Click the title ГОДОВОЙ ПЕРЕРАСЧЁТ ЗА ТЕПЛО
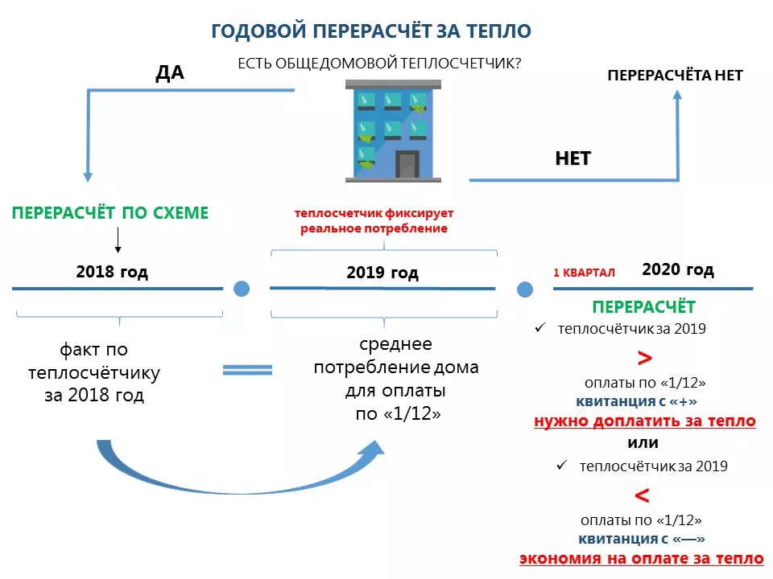[371, 31]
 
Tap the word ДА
[170, 73]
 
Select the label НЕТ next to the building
[573, 158]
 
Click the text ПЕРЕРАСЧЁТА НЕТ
[674, 76]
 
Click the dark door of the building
[407, 165]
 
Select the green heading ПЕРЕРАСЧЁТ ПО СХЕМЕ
[110, 213]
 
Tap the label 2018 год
[112, 272]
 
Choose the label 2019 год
[382, 273]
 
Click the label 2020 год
[678, 270]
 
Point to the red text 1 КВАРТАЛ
[584, 273]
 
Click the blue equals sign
[247, 370]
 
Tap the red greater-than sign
[644, 358]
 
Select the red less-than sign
[643, 495]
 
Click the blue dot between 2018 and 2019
[242, 289]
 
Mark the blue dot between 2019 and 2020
[525, 289]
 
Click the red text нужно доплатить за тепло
[644, 421]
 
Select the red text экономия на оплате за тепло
[641, 559]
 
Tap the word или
[643, 443]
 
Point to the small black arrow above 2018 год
[118, 240]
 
